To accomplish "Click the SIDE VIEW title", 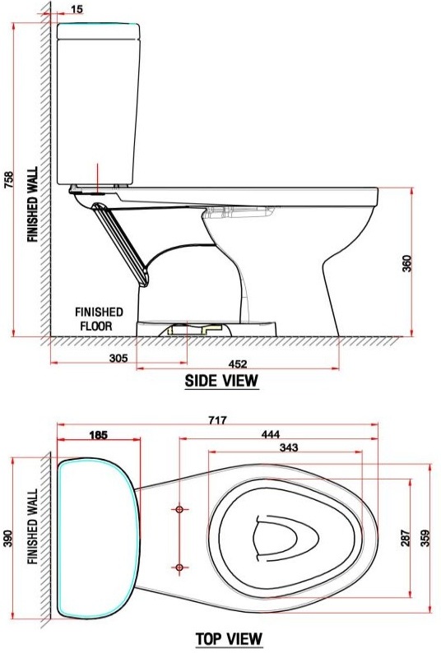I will (221, 380).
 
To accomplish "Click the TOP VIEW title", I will (228, 638).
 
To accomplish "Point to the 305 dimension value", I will (118, 358).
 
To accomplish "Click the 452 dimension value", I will (238, 364).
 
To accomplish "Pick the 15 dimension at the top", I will (77, 9).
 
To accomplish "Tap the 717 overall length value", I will (216, 419).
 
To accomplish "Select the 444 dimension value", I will (270, 433).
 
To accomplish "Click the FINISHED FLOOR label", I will (100, 318).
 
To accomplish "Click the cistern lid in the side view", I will (96, 31).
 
